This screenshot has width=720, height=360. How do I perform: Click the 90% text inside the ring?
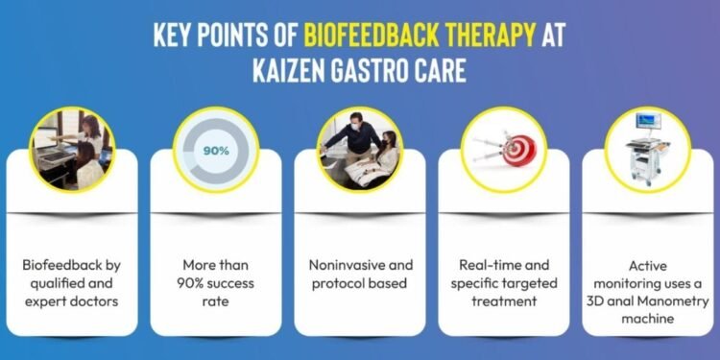coord(215,151)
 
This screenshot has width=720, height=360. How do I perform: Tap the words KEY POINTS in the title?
coord(227,35)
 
